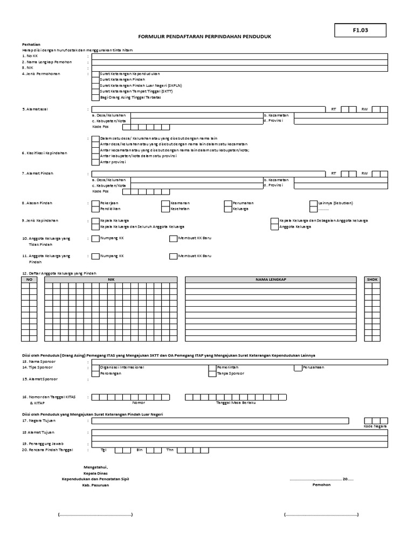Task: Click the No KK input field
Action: tap(239, 56)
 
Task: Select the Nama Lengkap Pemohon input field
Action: tap(239, 62)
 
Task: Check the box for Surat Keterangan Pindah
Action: tap(95, 80)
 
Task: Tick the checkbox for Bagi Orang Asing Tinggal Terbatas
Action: tap(95, 98)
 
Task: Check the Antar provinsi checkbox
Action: tap(95, 162)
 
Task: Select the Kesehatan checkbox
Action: tap(165, 209)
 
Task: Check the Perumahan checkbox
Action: tap(228, 203)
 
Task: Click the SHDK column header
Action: tap(372, 280)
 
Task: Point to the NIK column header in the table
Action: tap(111, 280)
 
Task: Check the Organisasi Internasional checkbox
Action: tap(95, 368)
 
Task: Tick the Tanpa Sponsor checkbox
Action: tap(212, 373)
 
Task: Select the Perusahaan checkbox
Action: tap(298, 368)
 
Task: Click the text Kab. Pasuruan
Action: tap(95, 485)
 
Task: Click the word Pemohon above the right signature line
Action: tap(321, 485)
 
